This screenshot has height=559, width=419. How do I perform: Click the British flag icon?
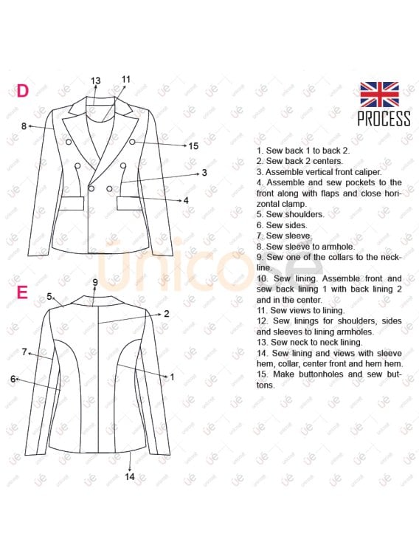coord(379,95)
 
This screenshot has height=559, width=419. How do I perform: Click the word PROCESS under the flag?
coord(384,118)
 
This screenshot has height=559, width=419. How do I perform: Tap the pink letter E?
coord(22,292)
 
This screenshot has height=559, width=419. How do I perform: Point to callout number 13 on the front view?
coord(95,80)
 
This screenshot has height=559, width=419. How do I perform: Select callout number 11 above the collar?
coord(126,79)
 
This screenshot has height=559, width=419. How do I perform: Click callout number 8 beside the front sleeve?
coord(24,126)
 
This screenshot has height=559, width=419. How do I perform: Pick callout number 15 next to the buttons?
coord(193,146)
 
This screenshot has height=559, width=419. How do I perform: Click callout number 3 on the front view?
coord(204,173)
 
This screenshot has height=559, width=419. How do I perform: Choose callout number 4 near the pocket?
coord(186,200)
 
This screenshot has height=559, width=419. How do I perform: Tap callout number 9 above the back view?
coord(95,282)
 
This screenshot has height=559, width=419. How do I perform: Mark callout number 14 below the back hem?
coord(129,476)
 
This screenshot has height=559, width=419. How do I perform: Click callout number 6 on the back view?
coord(13,379)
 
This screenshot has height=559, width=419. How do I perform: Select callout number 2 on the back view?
coord(167,313)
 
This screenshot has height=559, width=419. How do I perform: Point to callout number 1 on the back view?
coord(172,377)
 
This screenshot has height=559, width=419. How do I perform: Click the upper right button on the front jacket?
coord(132,141)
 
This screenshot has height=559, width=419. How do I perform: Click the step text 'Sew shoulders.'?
coord(285,214)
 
